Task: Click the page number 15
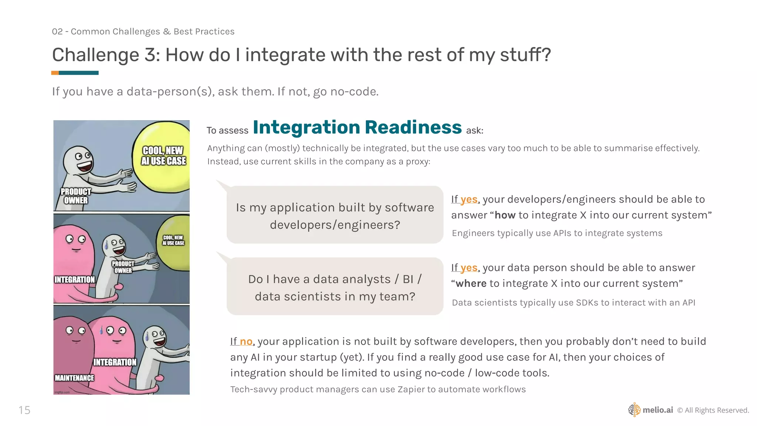pyautogui.click(x=24, y=410)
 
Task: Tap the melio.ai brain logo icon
pyautogui.click(x=634, y=410)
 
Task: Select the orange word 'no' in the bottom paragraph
pyautogui.click(x=246, y=341)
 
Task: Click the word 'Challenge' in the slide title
pyautogui.click(x=95, y=55)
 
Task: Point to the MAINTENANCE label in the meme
pyautogui.click(x=74, y=378)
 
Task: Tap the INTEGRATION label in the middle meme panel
pyautogui.click(x=75, y=280)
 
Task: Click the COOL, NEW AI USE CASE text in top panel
pyautogui.click(x=163, y=156)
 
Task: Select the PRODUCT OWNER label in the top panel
pyautogui.click(x=76, y=196)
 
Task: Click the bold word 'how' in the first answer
pyautogui.click(x=505, y=215)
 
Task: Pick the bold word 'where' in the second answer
pyautogui.click(x=471, y=284)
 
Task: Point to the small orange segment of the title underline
pyautogui.click(x=55, y=73)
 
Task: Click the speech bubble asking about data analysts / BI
pyautogui.click(x=335, y=287)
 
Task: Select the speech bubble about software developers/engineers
pyautogui.click(x=335, y=216)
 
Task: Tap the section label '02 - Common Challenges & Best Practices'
pyautogui.click(x=143, y=32)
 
